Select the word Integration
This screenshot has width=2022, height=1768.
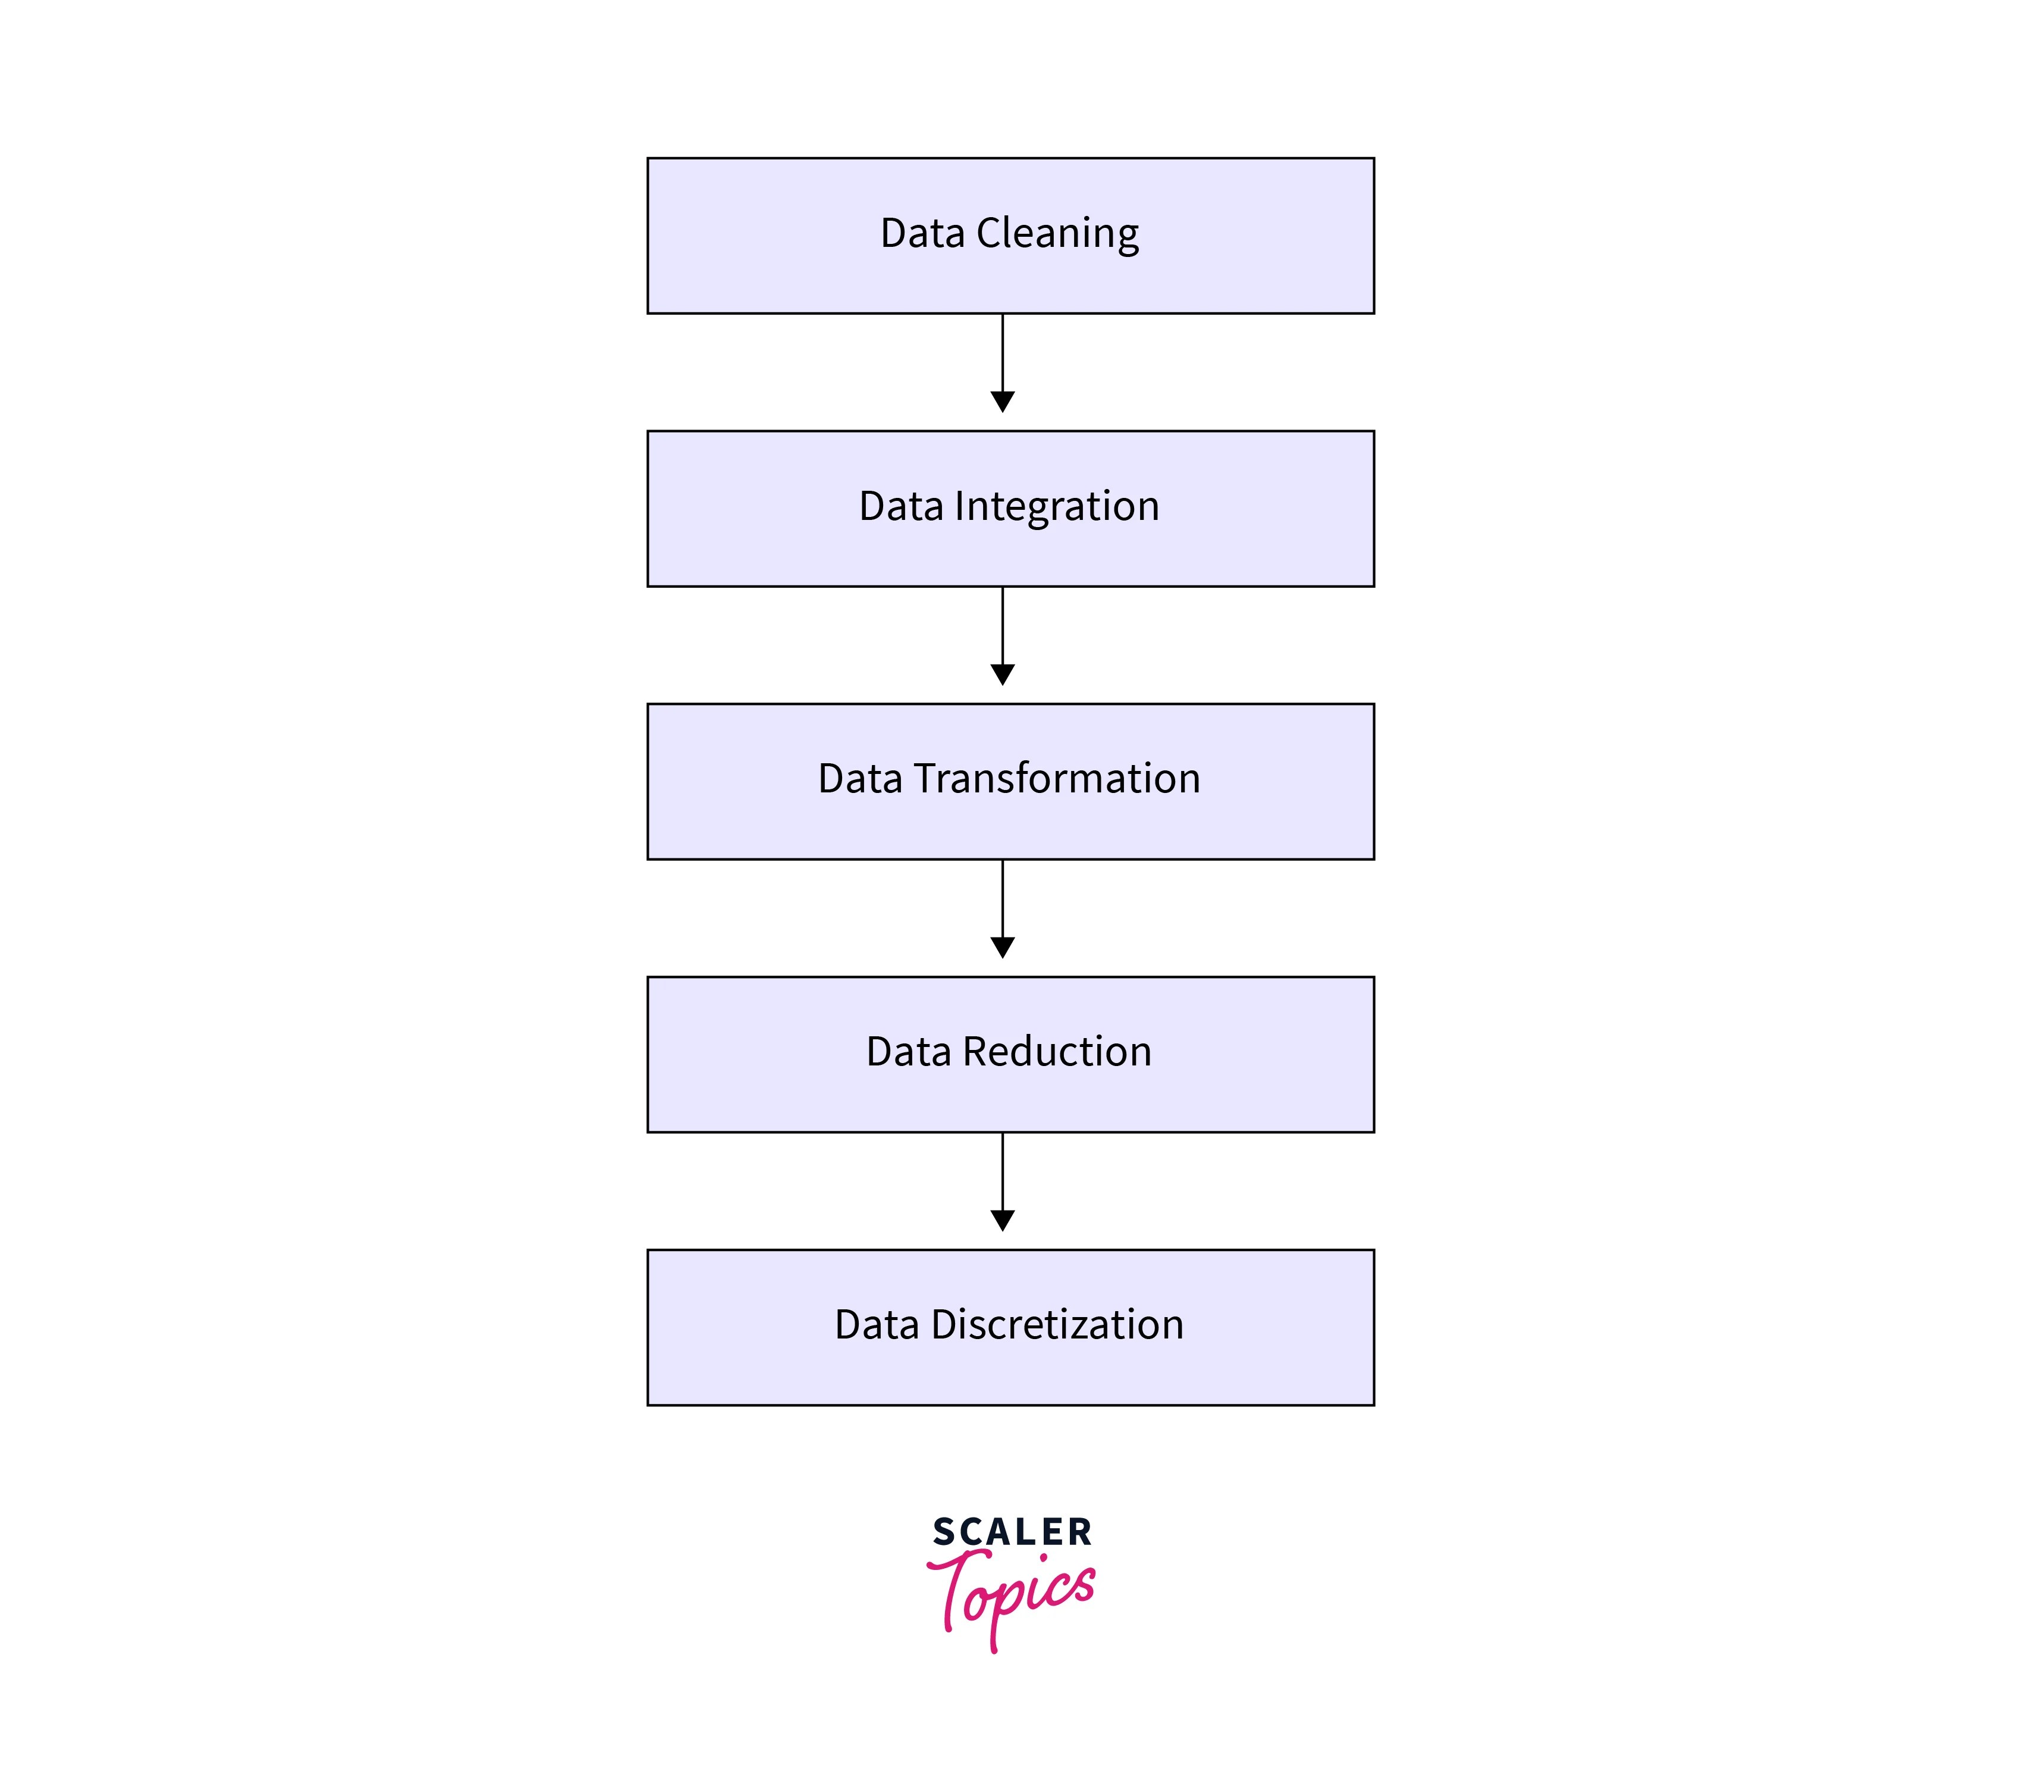pyautogui.click(x=1056, y=507)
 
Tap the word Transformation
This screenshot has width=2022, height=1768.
pyautogui.click(x=1056, y=779)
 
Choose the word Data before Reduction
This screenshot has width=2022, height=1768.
pyautogui.click(x=909, y=1052)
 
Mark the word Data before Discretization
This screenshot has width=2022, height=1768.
pyautogui.click(x=877, y=1325)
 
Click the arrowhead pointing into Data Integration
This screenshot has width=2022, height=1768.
pyautogui.click(x=1002, y=402)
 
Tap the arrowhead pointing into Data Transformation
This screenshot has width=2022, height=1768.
pyautogui.click(x=1002, y=675)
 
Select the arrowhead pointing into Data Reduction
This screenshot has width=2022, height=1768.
pyautogui.click(x=1002, y=947)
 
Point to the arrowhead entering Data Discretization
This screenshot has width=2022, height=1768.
pyautogui.click(x=1002, y=1221)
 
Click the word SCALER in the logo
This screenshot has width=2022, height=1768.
pyautogui.click(x=1012, y=1532)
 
